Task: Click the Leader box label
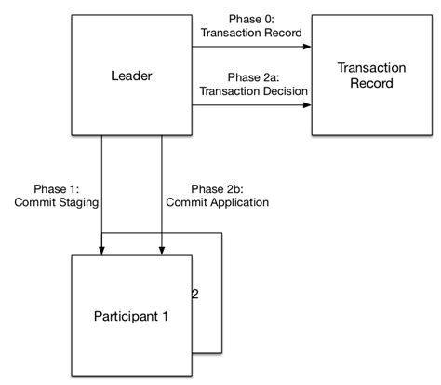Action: point(131,76)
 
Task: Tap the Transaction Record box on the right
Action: point(366,76)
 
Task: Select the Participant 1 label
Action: point(130,316)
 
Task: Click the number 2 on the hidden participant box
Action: point(194,295)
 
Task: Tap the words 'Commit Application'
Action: point(217,202)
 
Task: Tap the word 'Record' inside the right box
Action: point(366,84)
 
